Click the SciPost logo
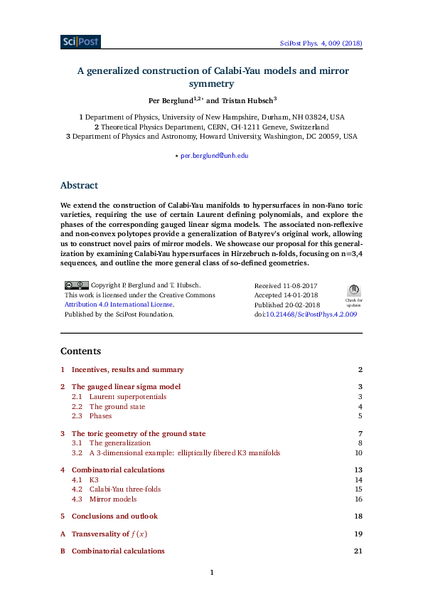click(x=80, y=42)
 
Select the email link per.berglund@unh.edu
click(x=214, y=155)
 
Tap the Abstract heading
click(x=79, y=185)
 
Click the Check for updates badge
click(x=353, y=293)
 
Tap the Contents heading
click(x=80, y=351)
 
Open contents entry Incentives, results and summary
click(x=127, y=370)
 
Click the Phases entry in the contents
click(x=100, y=415)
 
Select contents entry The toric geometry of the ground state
click(x=139, y=433)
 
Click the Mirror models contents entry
click(x=114, y=499)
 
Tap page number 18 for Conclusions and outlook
click(x=358, y=516)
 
